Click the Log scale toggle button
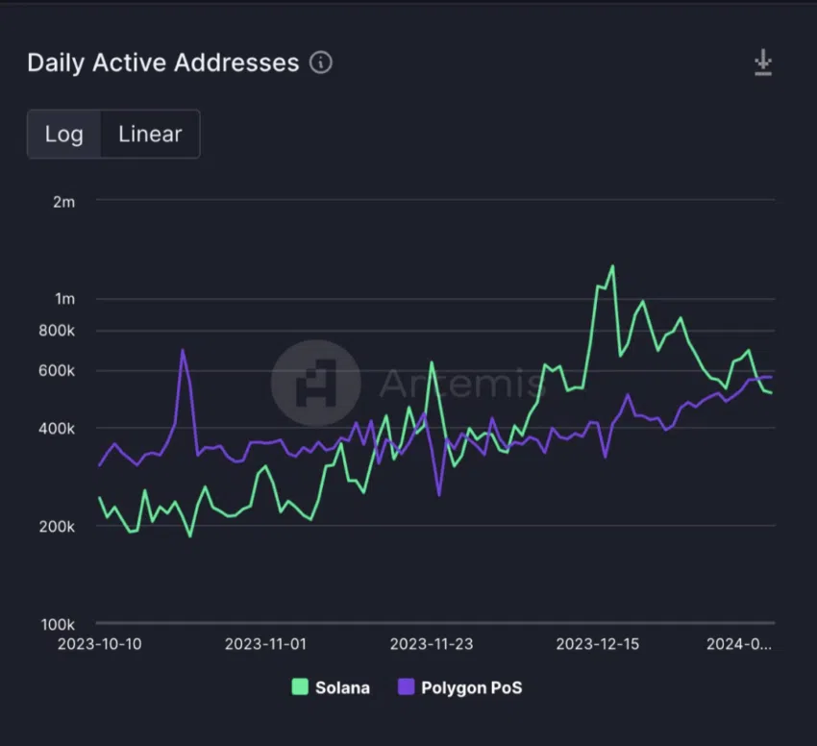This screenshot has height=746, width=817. tap(63, 134)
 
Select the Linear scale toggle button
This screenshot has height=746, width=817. tap(150, 134)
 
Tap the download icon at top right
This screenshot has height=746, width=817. tap(762, 63)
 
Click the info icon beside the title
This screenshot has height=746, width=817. tap(321, 63)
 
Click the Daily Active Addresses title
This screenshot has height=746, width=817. tap(163, 63)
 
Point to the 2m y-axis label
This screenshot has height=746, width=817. tap(63, 202)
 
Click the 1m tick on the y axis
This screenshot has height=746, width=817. tap(63, 299)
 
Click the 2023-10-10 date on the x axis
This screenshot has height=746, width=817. tap(100, 644)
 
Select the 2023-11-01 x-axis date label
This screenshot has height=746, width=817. tap(265, 644)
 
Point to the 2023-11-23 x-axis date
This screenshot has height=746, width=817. tap(432, 644)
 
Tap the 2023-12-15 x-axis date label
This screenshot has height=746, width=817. tap(598, 644)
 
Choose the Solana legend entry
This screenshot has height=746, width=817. tap(331, 687)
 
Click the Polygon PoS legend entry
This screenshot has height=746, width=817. tap(459, 687)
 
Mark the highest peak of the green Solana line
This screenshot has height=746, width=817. tap(612, 266)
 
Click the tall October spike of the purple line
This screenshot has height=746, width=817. tap(183, 350)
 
